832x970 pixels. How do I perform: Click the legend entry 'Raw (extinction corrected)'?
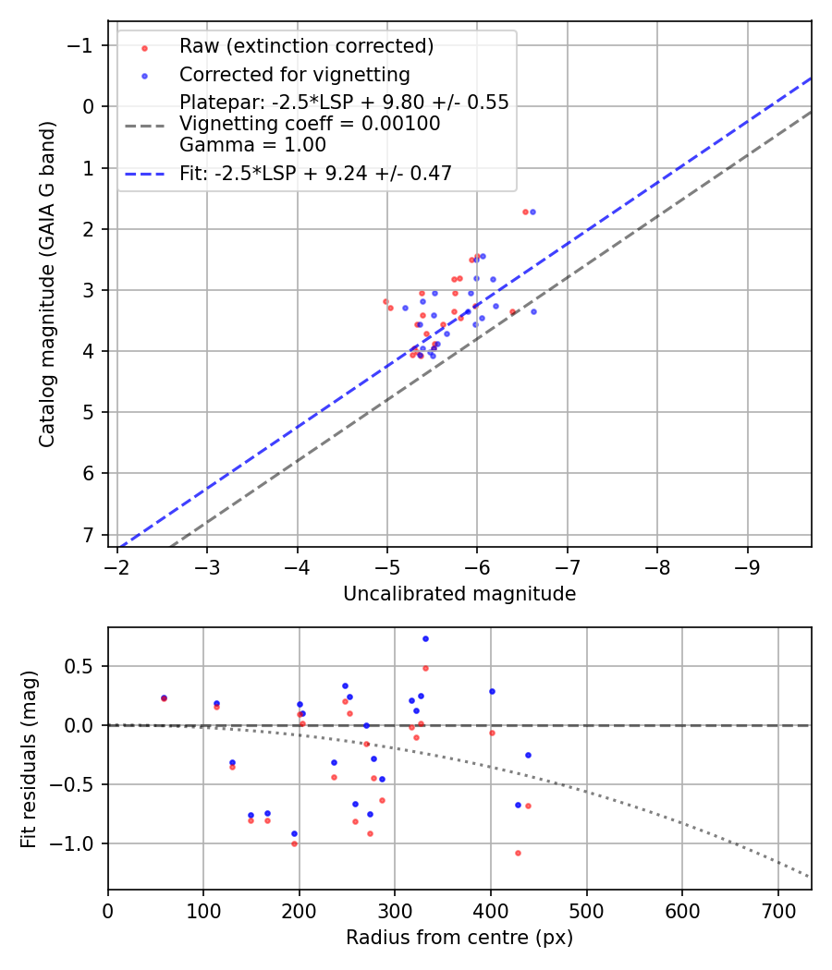coord(306,46)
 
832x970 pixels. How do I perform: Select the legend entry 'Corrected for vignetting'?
coord(295,74)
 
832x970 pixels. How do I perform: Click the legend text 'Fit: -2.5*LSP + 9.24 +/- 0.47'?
coord(315,173)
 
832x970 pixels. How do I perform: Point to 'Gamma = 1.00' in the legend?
coord(252,144)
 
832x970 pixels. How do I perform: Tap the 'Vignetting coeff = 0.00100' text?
coord(310,124)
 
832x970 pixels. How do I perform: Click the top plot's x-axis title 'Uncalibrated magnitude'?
coord(459,594)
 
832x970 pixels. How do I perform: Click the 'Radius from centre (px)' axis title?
coord(459,938)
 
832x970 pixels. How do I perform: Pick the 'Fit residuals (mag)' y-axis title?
coord(29,758)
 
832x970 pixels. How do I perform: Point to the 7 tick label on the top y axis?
coord(88,535)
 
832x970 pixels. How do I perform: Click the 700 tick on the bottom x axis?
coord(777,910)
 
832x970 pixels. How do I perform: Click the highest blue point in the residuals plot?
coord(425,638)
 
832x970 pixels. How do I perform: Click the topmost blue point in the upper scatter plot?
coord(532,212)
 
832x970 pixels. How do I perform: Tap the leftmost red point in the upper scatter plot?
coord(385,301)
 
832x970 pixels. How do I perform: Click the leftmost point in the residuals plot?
coord(164,698)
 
